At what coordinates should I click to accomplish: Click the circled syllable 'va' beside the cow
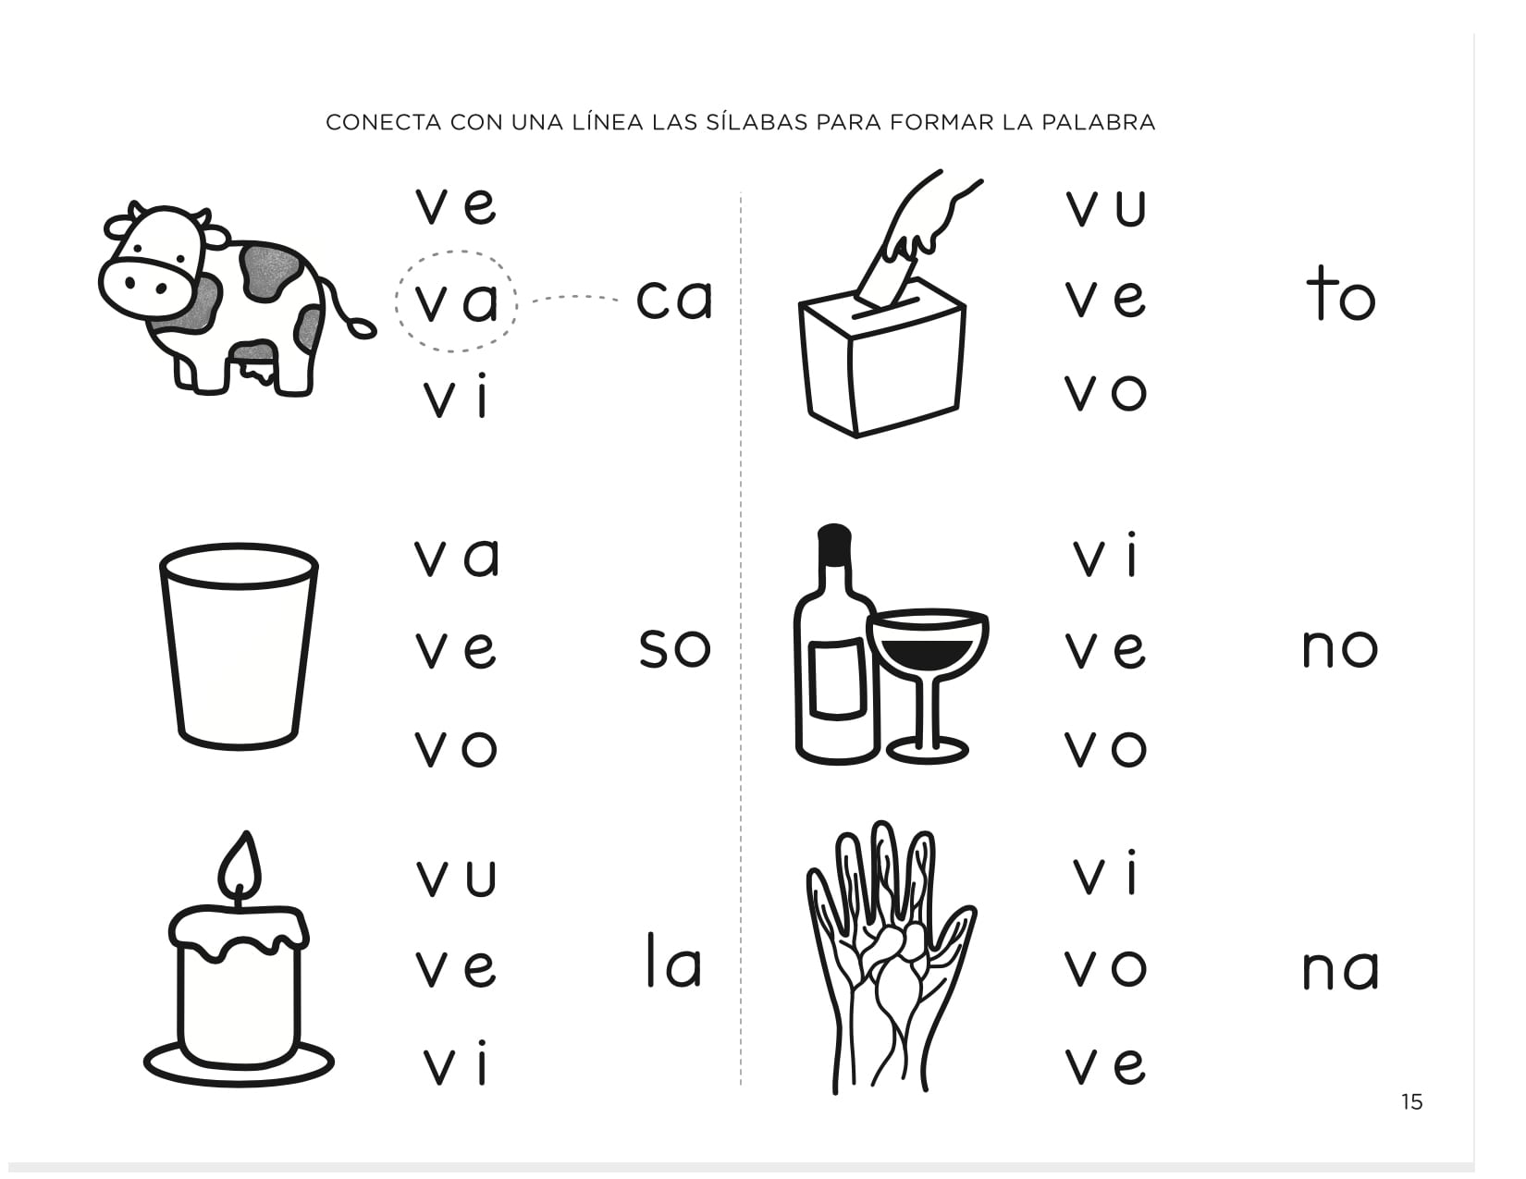pyautogui.click(x=457, y=301)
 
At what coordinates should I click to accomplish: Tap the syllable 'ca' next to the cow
pyautogui.click(x=674, y=299)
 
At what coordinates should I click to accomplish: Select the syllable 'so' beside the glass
pyautogui.click(x=674, y=647)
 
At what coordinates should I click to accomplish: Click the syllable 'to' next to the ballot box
pyautogui.click(x=1341, y=293)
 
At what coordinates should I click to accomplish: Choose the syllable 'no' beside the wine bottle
pyautogui.click(x=1340, y=647)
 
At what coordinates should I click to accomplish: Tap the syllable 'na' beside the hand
pyautogui.click(x=1341, y=970)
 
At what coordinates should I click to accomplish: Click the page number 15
pyautogui.click(x=1411, y=1101)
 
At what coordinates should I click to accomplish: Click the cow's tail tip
pyautogui.click(x=363, y=328)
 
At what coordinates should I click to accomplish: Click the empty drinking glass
pyautogui.click(x=239, y=646)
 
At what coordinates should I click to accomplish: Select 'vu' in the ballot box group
pyautogui.click(x=1105, y=206)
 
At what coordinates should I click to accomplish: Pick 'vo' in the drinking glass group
pyautogui.click(x=456, y=747)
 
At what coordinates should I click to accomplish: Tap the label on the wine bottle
pyautogui.click(x=837, y=679)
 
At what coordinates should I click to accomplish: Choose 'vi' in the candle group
pyautogui.click(x=455, y=1063)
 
